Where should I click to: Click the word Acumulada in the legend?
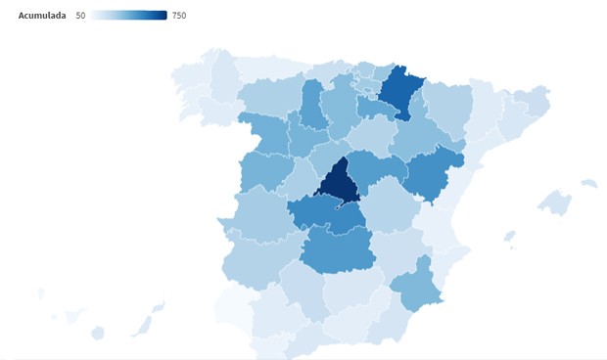(x=41, y=16)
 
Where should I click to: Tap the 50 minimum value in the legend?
(x=80, y=16)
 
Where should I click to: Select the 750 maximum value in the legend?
(x=179, y=16)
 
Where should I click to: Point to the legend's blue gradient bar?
(x=129, y=16)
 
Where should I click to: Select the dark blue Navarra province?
(x=399, y=90)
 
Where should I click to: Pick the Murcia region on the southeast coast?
(x=414, y=288)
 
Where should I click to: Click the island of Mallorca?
(x=554, y=202)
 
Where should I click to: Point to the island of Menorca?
(x=588, y=183)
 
